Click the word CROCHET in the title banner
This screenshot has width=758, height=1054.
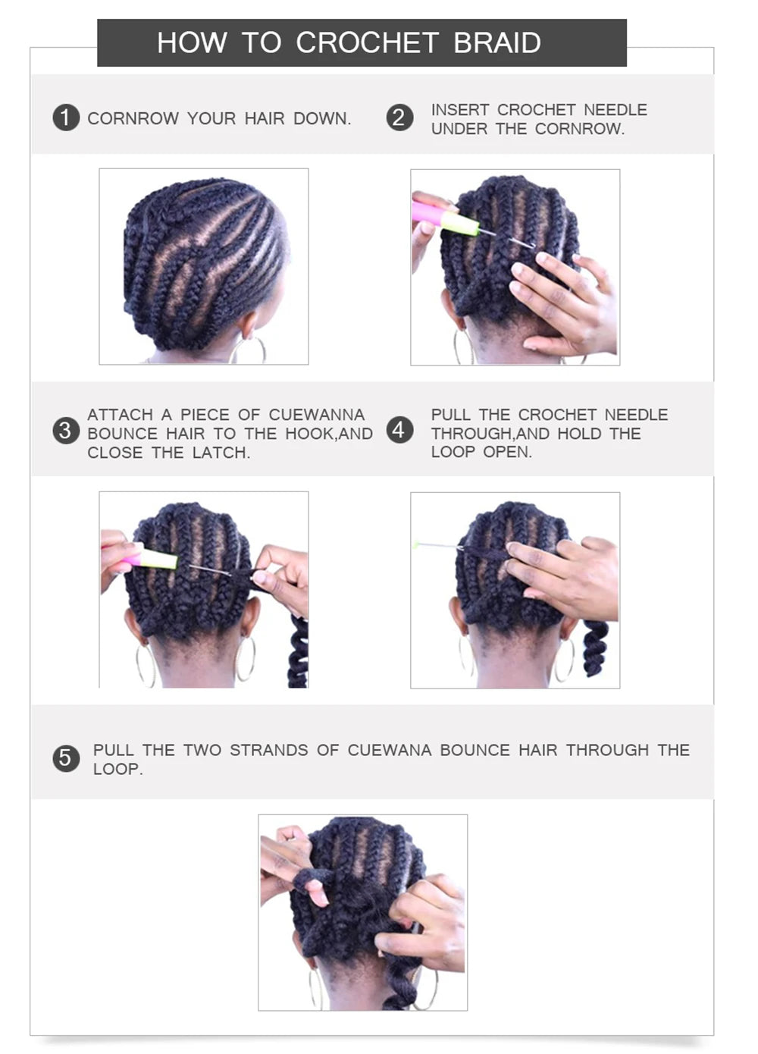tap(367, 43)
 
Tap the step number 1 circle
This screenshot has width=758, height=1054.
tap(66, 118)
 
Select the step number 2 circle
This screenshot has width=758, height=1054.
tap(399, 118)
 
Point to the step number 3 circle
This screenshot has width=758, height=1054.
tap(66, 431)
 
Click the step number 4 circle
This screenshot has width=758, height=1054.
tap(399, 430)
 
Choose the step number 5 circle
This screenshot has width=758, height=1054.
tap(66, 758)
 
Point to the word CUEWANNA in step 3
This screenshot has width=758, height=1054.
tap(316, 415)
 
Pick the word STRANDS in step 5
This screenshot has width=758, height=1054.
tap(269, 750)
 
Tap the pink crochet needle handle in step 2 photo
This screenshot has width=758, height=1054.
tap(428, 212)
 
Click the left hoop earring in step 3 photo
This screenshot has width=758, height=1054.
tap(146, 664)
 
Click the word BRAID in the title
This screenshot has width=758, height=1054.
tap(497, 43)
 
